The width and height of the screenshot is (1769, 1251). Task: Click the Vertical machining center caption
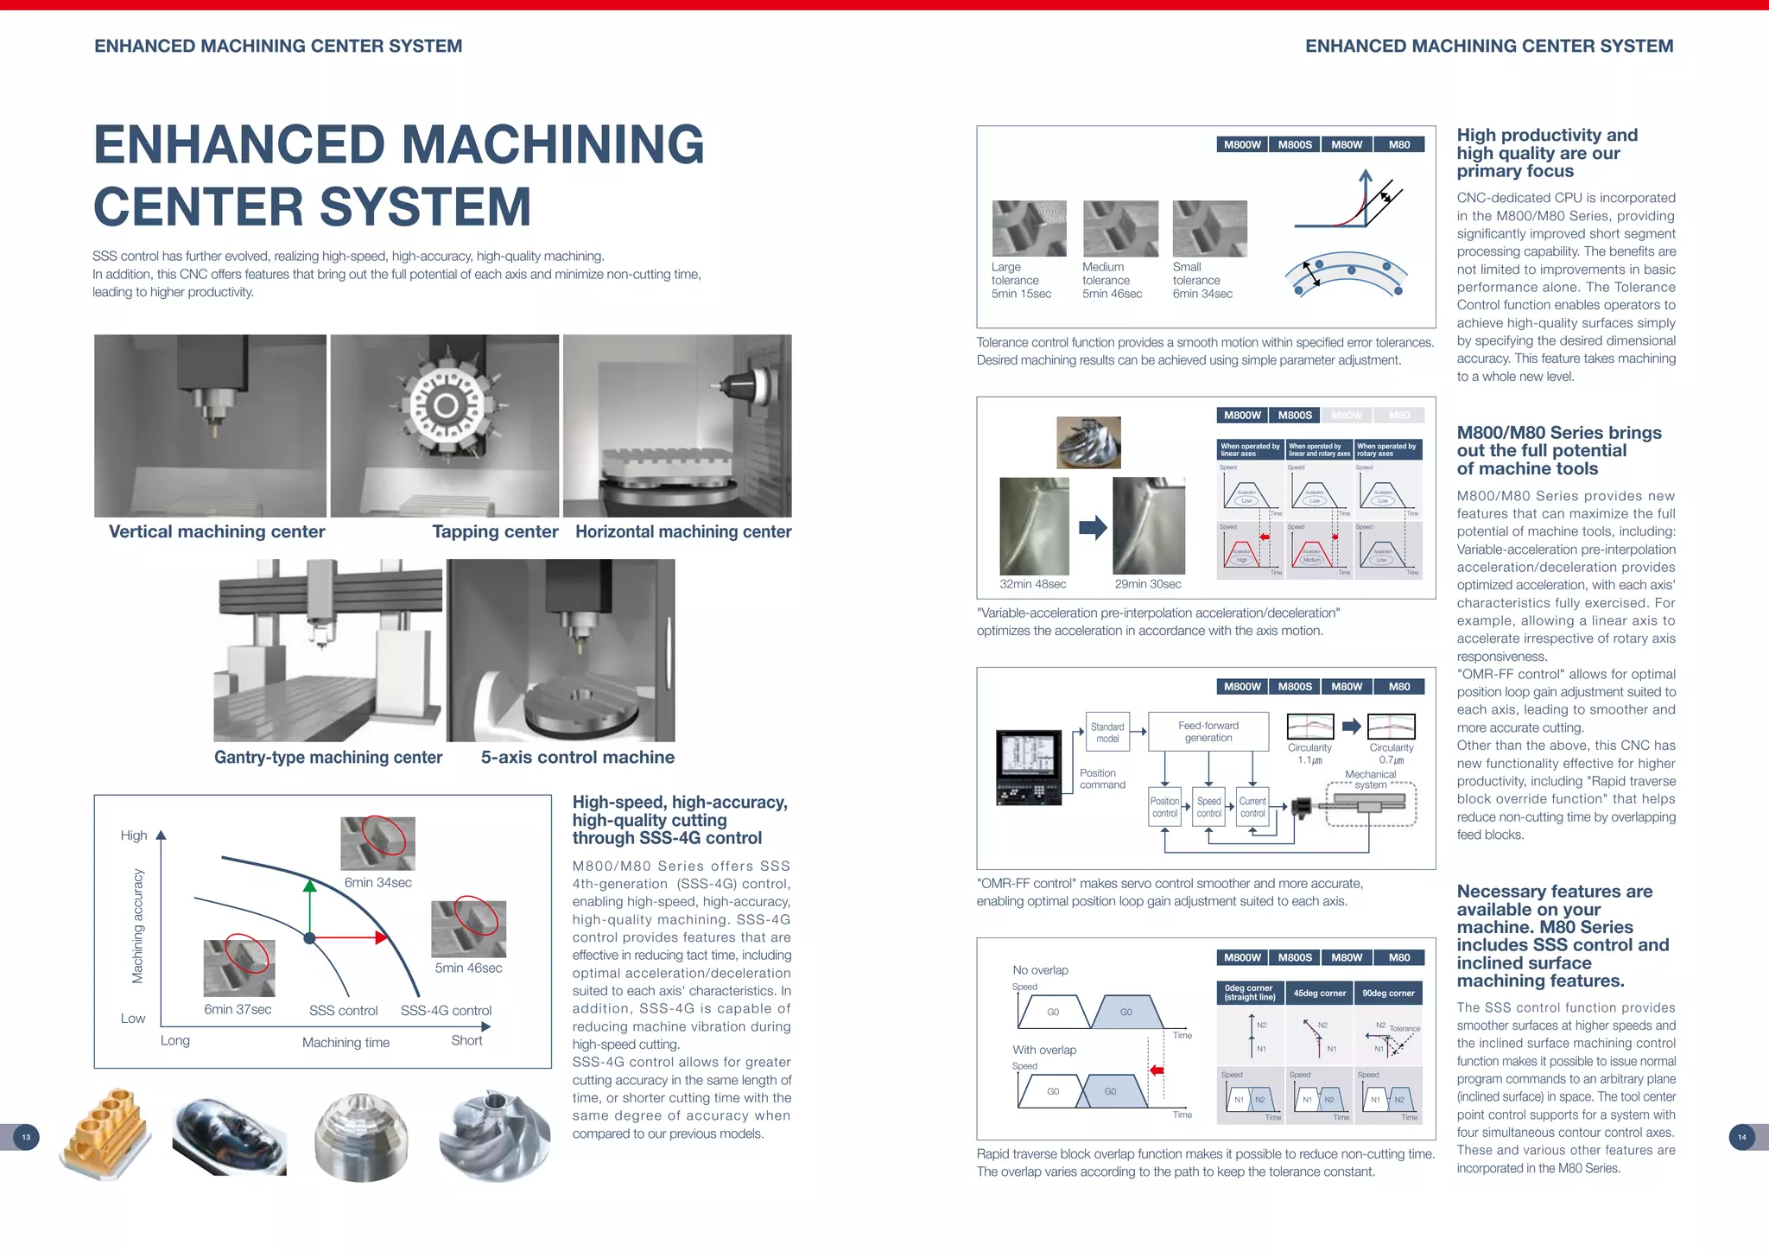pos(217,531)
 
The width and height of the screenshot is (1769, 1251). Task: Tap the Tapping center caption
pos(495,531)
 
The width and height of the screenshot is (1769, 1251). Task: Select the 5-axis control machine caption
pos(577,757)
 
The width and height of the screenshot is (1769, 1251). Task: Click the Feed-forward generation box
pos(1208,732)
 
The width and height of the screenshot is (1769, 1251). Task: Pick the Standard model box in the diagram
pos(1107,733)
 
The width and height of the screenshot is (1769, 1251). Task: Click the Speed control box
pos(1208,807)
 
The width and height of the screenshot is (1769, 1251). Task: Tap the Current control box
pos(1252,807)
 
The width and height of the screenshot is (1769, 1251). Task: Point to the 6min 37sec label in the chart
pos(238,1009)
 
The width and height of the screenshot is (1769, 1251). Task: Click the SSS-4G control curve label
pos(446,1011)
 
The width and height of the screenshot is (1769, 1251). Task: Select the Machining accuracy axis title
pos(137,926)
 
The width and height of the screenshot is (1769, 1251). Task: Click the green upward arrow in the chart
pos(309,907)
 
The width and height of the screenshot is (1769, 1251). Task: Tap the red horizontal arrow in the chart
pos(350,937)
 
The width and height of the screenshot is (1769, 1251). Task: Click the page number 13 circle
pos(26,1137)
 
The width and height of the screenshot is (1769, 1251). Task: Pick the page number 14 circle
pos(1741,1137)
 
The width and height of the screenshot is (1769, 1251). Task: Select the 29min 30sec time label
pos(1147,584)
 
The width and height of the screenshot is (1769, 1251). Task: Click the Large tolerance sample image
pos(1029,229)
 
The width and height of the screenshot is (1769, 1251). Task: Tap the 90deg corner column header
pos(1388,993)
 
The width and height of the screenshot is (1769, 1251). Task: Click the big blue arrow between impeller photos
pos(1093,527)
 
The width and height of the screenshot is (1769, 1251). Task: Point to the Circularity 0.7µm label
pos(1391,753)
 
